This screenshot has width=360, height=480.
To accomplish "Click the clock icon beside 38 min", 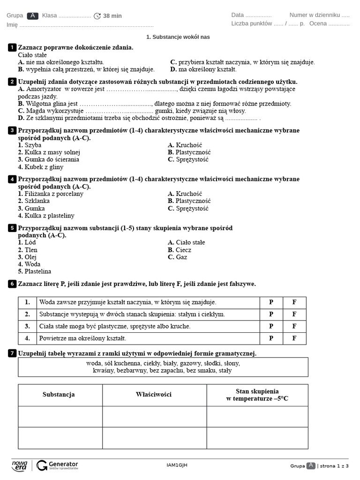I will click(97, 16).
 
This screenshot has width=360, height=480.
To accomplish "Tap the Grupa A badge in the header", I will click(33, 15).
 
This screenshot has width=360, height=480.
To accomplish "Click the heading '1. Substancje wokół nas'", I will click(178, 37).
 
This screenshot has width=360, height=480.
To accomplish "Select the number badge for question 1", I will click(12, 47).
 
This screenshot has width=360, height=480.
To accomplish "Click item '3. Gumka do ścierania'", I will click(48, 159).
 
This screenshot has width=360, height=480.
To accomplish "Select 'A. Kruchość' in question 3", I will click(185, 145).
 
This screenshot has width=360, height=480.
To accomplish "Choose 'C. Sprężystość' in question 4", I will click(188, 208).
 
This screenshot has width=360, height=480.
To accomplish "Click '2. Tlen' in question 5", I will click(28, 250).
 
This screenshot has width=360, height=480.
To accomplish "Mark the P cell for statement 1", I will click(271, 302).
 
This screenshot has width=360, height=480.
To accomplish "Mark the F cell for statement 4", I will click(294, 338).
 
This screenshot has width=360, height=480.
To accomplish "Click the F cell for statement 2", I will click(294, 314).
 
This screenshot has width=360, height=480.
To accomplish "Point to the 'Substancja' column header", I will click(59, 395).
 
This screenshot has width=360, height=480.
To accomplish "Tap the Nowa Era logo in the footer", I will click(20, 465).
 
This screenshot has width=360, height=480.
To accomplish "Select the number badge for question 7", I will click(12, 353).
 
